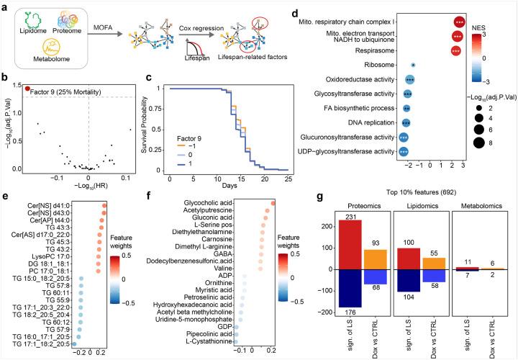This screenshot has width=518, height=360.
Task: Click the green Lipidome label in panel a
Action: coord(31,40)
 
